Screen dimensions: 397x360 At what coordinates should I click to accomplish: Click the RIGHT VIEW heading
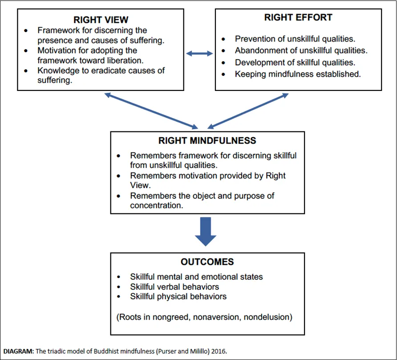[101, 20]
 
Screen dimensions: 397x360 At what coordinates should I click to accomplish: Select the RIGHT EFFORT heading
[298, 17]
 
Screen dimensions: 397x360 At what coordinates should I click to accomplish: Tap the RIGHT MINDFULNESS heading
[207, 140]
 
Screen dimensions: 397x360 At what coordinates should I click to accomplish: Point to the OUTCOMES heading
[207, 262]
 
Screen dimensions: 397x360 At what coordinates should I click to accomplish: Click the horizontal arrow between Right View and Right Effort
[199, 53]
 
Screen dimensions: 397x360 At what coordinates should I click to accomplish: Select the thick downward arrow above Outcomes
[206, 232]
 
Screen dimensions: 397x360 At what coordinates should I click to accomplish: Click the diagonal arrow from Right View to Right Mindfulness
[151, 111]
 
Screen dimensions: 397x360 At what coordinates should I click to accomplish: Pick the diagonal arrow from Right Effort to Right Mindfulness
[248, 111]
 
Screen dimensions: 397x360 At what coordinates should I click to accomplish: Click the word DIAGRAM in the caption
[18, 351]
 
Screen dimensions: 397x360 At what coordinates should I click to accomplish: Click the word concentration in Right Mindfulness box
[157, 205]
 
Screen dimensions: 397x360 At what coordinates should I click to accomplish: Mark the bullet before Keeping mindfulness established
[223, 74]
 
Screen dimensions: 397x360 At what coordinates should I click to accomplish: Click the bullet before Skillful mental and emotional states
[118, 277]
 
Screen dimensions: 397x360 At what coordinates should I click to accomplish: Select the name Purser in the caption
[166, 351]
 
